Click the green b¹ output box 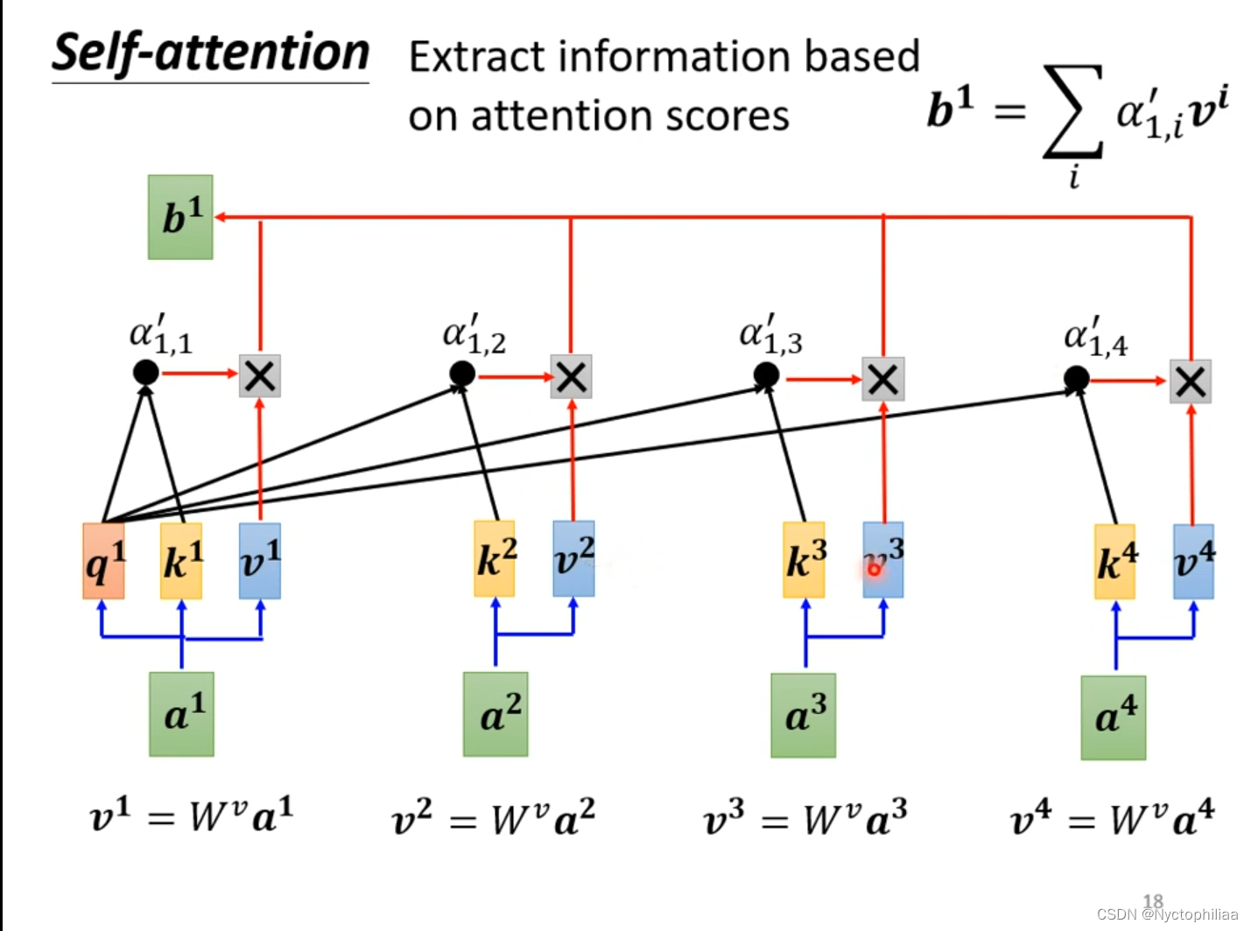[180, 217]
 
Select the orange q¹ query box [103, 561]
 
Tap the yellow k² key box [495, 559]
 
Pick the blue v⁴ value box [1193, 561]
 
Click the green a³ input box [803, 715]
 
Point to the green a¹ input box [181, 713]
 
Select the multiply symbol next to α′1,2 [571, 377]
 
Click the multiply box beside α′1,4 [1191, 381]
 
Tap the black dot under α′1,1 [146, 373]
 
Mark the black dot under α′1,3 [766, 376]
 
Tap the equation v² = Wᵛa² [493, 819]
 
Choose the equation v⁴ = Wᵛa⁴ [1112, 820]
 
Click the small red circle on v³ [874, 570]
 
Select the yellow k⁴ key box [1114, 562]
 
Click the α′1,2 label [474, 336]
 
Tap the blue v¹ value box [260, 561]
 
